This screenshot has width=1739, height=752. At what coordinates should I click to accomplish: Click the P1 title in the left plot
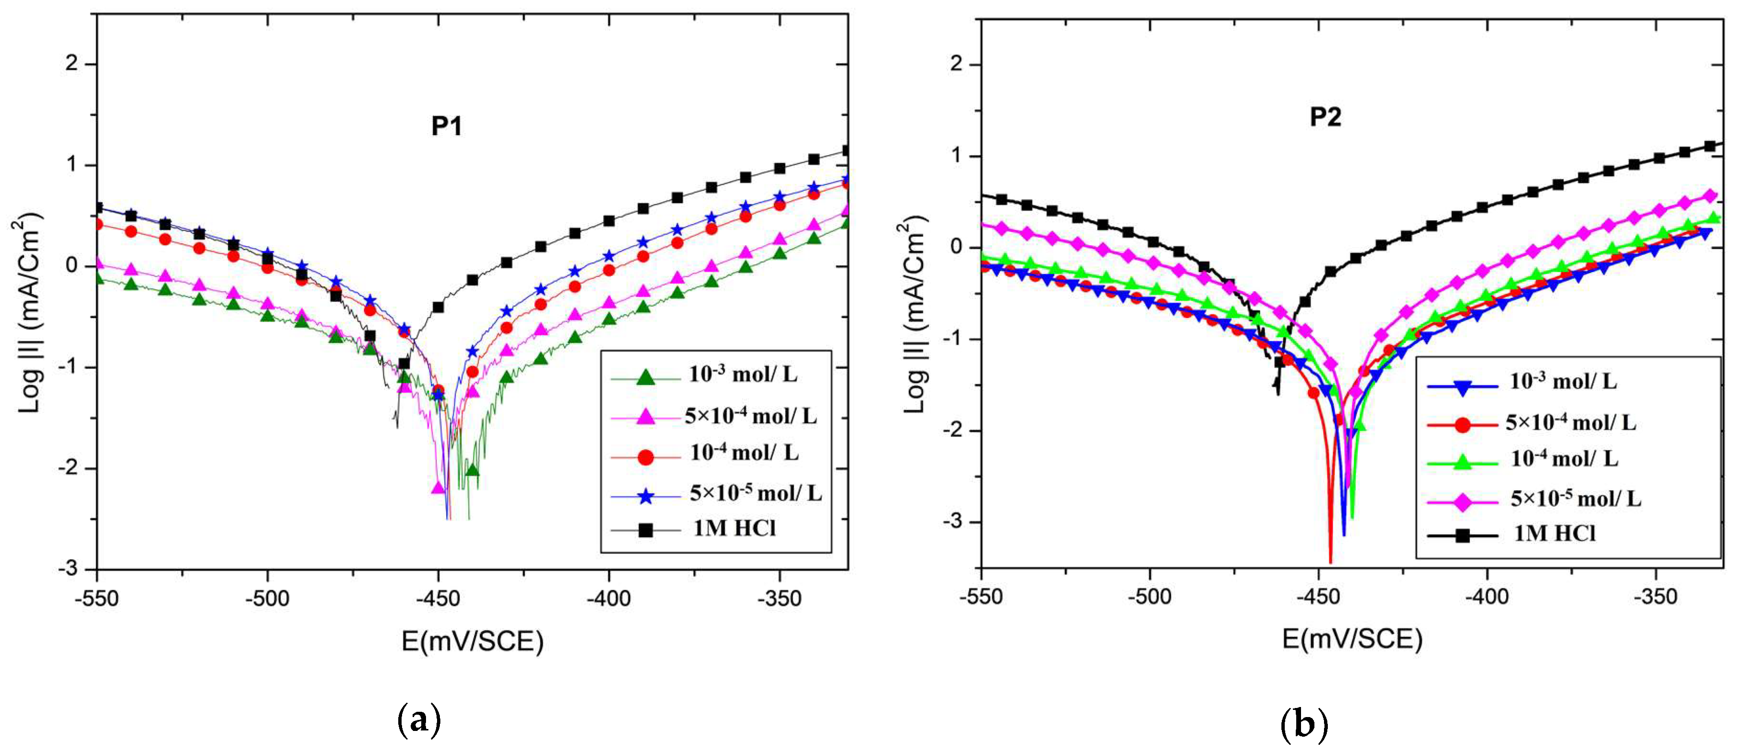446,126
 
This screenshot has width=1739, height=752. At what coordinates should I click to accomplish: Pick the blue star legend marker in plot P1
645,497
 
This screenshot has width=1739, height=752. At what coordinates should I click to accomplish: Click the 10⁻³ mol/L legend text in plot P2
1563,382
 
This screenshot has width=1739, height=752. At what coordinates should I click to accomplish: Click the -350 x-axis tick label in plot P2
1655,597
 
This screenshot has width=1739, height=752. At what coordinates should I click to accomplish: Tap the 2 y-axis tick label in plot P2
955,65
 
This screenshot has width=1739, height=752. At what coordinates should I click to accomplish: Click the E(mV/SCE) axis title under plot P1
472,640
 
